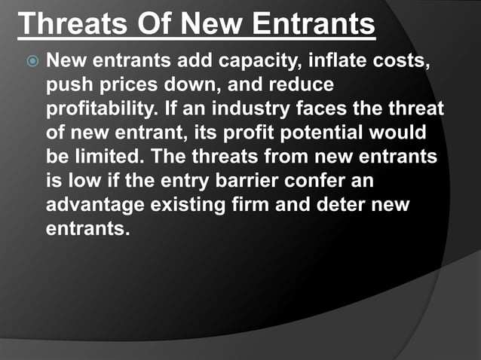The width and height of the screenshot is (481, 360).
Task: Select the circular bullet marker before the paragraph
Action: (32, 59)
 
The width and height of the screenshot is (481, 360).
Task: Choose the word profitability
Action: (101, 109)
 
